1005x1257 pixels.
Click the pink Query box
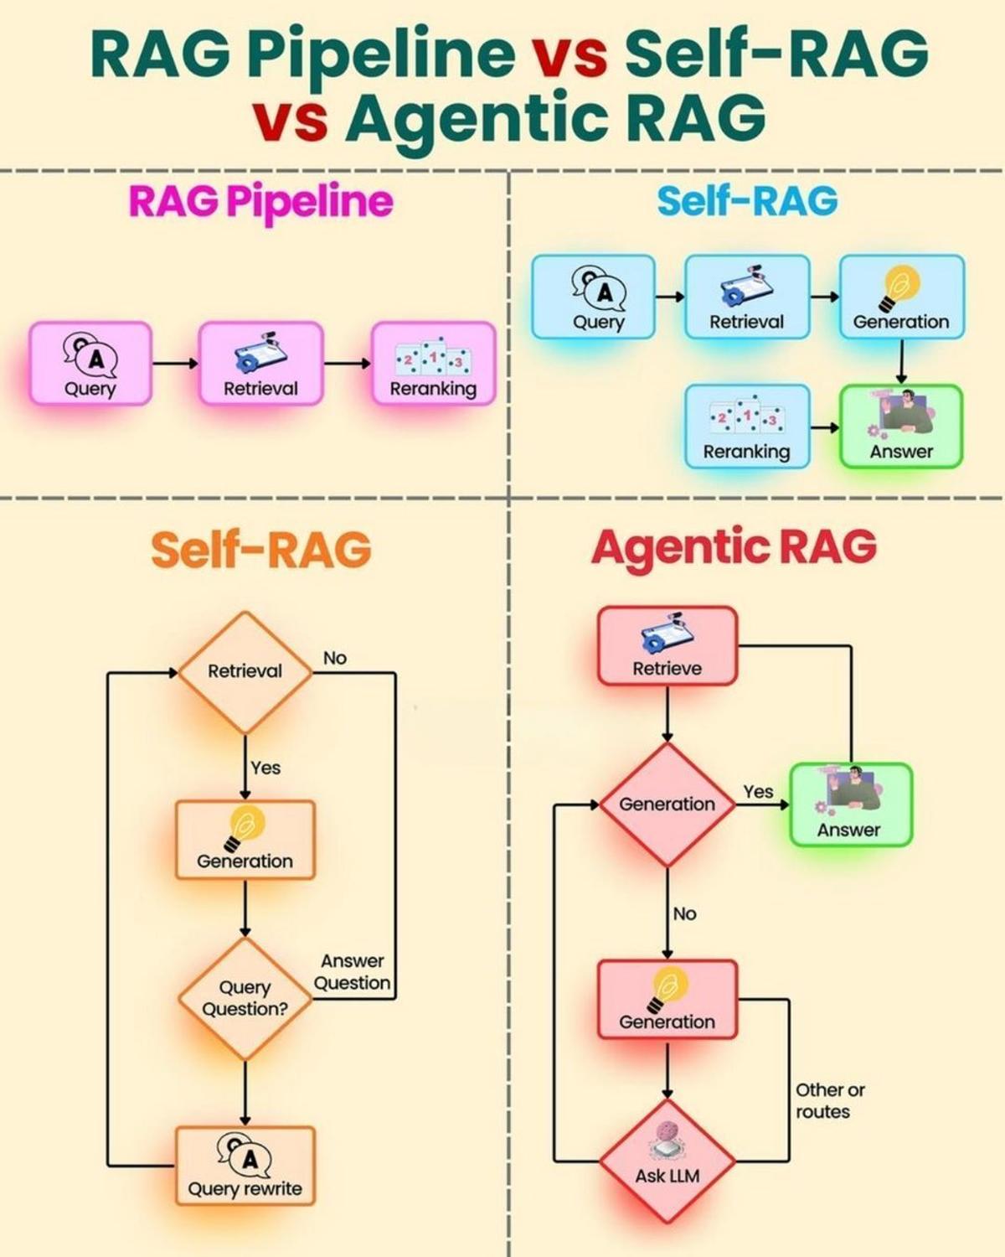(x=90, y=364)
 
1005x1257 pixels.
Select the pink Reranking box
(x=433, y=364)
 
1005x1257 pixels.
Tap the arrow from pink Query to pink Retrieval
(x=175, y=363)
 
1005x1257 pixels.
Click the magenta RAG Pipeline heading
(x=260, y=201)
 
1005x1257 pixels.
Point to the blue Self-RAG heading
(x=747, y=201)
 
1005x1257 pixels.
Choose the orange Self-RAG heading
(x=260, y=550)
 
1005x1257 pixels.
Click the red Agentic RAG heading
(x=734, y=547)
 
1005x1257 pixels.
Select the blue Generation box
(x=901, y=297)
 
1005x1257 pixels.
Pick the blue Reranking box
(x=747, y=427)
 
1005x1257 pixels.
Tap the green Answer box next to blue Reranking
(x=901, y=427)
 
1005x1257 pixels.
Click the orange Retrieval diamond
(x=245, y=671)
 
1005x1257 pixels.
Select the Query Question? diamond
(x=245, y=998)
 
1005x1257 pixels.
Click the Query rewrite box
(x=245, y=1166)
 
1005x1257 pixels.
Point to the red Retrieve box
(x=667, y=646)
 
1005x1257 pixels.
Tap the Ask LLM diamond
(x=667, y=1161)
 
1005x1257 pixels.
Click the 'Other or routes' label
(x=829, y=1100)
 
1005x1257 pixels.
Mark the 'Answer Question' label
(x=353, y=972)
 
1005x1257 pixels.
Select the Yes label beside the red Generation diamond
(x=758, y=792)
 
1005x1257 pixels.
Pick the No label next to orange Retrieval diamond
(x=335, y=659)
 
